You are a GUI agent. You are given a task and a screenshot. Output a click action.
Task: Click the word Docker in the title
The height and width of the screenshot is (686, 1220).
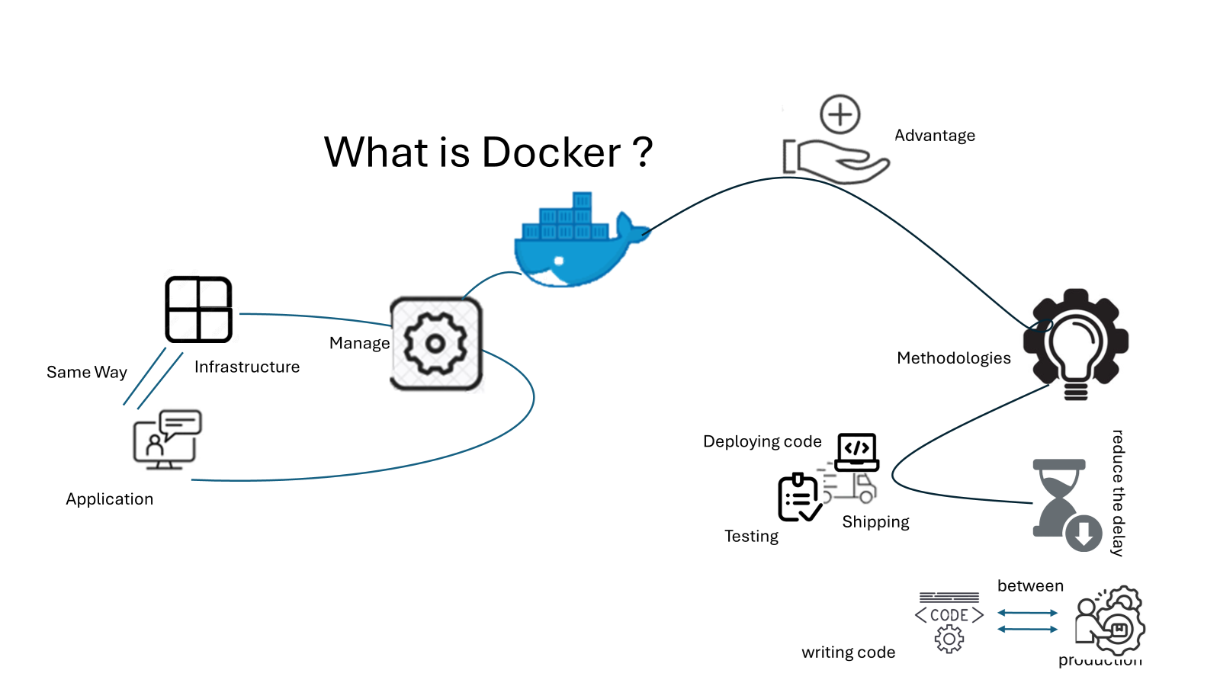pos(551,152)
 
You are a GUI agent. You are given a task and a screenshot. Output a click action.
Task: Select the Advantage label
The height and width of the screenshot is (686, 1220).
pos(934,136)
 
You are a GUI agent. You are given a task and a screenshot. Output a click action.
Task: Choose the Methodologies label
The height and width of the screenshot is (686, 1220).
pos(953,358)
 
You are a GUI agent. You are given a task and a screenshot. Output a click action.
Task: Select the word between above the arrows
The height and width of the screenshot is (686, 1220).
pos(1030,586)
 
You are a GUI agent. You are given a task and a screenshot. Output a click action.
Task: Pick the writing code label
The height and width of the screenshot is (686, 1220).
pos(848,652)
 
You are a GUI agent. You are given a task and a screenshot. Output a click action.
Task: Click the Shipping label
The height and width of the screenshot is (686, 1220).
pos(875,522)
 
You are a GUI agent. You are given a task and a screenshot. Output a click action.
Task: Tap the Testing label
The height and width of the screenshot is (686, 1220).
pos(751,537)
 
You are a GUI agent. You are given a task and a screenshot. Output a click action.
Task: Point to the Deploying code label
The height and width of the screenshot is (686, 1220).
pos(762,442)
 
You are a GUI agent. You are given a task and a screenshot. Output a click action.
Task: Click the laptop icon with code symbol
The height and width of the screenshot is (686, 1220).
pos(857,452)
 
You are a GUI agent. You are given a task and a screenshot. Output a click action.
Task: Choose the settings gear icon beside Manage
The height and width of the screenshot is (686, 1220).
pos(436,344)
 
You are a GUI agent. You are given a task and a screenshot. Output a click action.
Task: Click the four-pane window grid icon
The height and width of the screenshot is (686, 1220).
pos(198,309)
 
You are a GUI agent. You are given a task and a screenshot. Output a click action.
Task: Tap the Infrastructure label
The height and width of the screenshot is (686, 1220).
pos(247,367)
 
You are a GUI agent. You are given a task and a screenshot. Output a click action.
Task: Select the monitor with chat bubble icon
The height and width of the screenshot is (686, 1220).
pos(167,439)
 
